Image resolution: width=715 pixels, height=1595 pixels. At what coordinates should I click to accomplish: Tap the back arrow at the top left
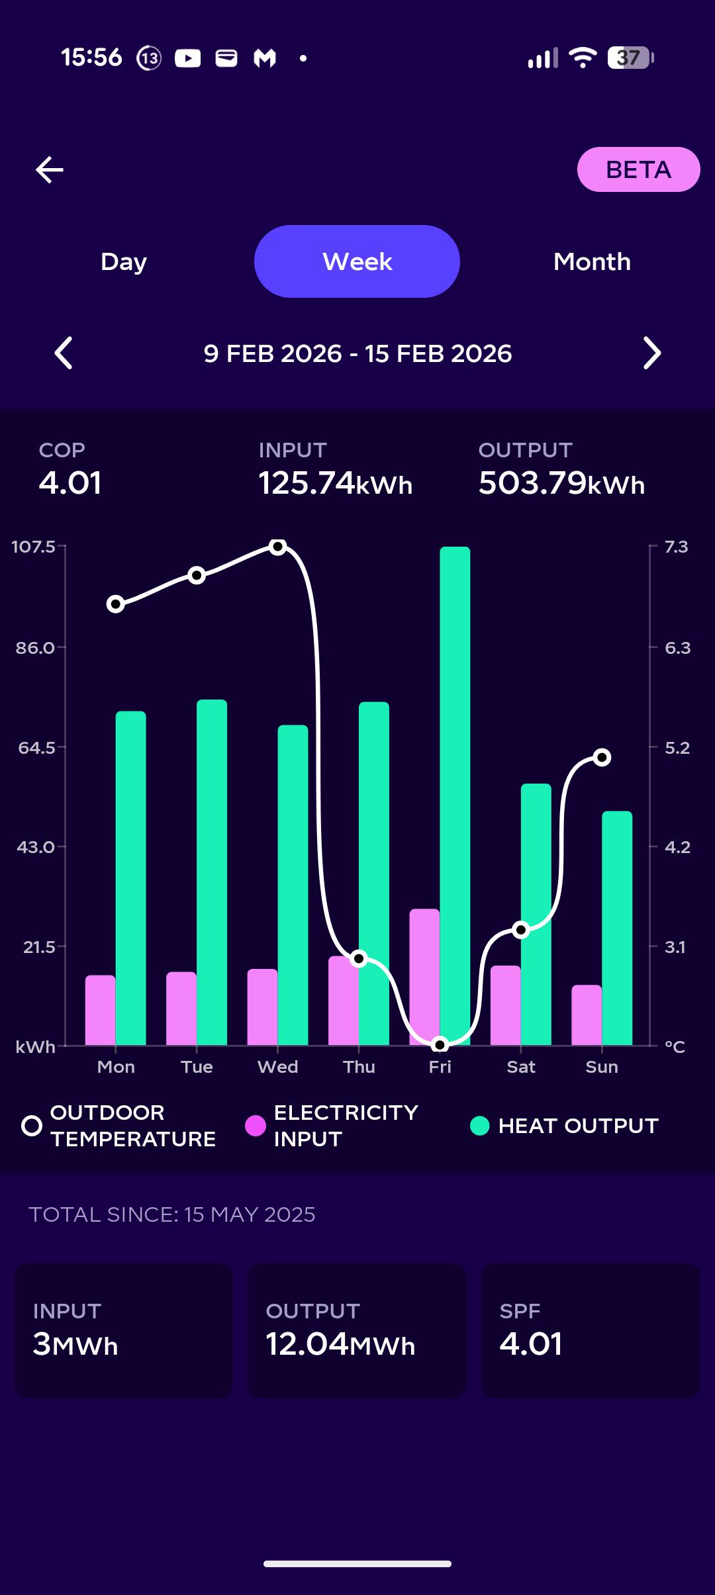(x=50, y=169)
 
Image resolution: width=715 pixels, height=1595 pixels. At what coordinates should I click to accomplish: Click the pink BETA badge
(x=638, y=169)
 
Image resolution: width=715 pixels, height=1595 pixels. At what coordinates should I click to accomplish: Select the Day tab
(x=124, y=261)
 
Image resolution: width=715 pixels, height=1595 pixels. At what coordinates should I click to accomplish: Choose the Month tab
(x=592, y=261)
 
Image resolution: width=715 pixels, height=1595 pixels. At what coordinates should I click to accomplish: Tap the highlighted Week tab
(x=357, y=261)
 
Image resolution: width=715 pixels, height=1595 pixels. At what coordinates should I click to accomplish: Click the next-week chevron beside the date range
(x=652, y=353)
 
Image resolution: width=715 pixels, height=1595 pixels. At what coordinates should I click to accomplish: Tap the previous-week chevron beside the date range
(x=64, y=353)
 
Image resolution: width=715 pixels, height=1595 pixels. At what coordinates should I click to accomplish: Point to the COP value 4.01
(x=70, y=482)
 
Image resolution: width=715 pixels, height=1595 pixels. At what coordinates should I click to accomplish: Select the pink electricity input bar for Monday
(x=101, y=1011)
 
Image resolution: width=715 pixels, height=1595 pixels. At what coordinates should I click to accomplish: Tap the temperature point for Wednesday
(x=278, y=547)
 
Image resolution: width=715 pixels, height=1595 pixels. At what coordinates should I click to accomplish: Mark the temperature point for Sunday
(x=602, y=757)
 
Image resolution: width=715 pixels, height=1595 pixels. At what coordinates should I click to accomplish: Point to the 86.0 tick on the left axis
(x=36, y=648)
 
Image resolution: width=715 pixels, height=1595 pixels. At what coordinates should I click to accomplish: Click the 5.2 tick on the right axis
(x=677, y=748)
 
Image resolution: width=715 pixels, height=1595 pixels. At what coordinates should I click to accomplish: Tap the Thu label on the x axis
(x=359, y=1067)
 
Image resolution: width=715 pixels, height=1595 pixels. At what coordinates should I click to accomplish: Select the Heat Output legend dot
(x=479, y=1126)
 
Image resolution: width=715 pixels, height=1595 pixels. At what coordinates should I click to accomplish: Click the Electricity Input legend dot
(x=256, y=1126)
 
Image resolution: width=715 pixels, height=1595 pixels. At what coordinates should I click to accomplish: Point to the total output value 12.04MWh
(x=340, y=1344)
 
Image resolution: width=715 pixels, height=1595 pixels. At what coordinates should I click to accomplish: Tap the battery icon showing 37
(x=630, y=58)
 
